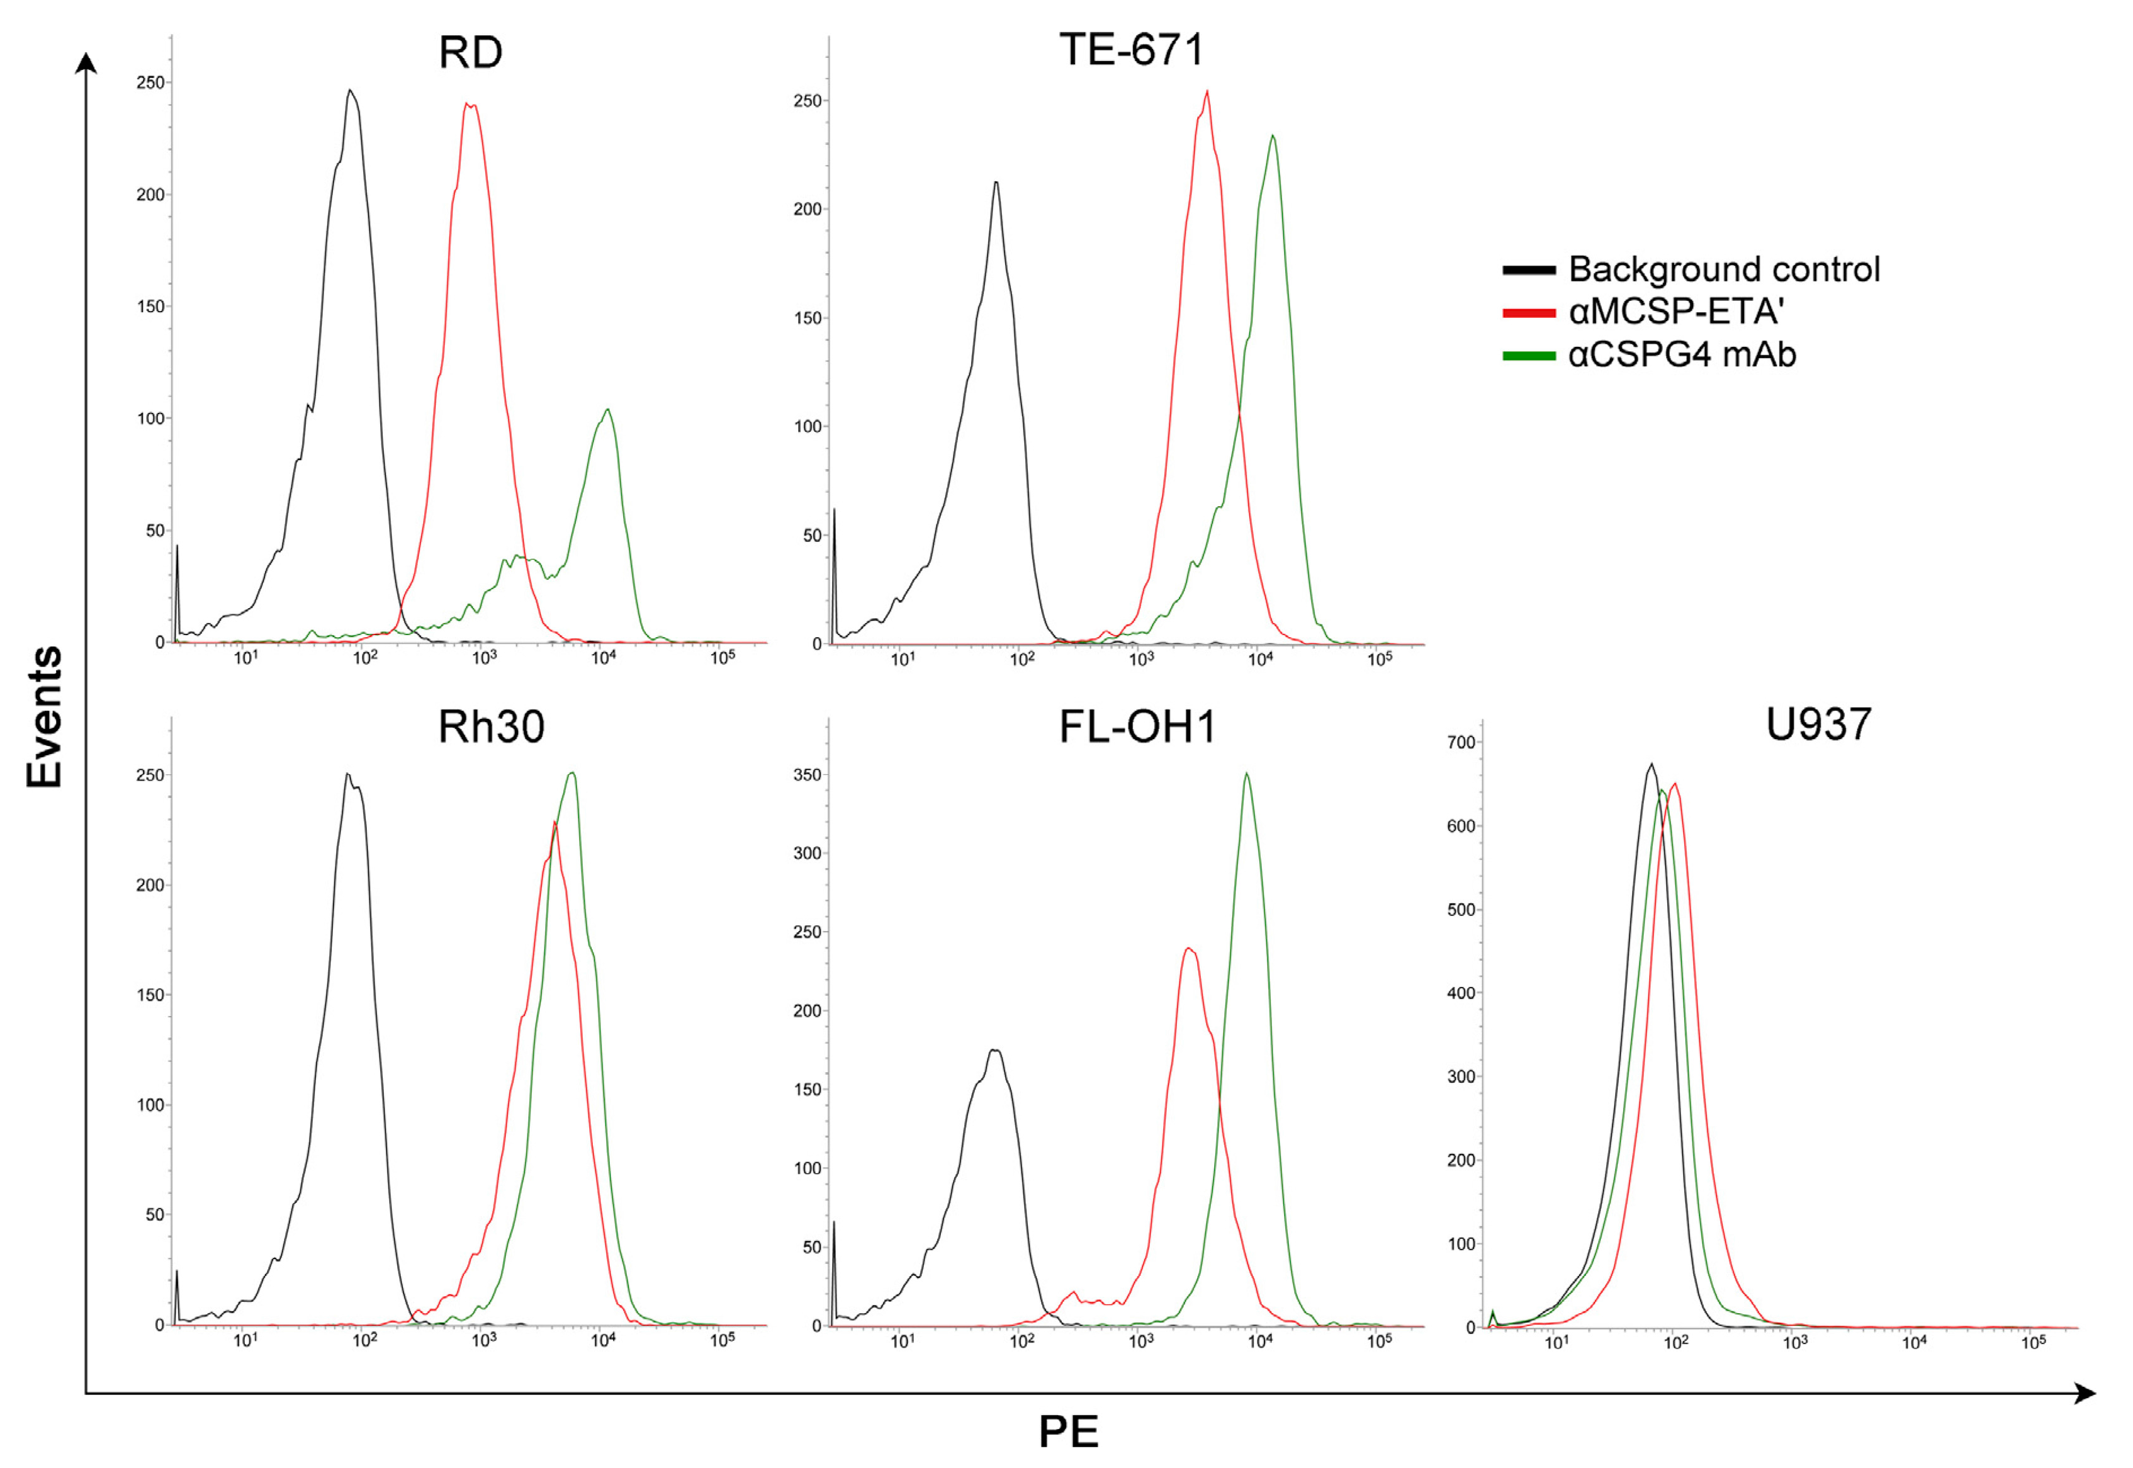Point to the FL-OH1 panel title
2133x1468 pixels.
pos(1137,726)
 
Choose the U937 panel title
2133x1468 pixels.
pos(1818,724)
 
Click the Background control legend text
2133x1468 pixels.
pos(1724,269)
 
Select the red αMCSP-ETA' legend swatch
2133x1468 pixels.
pos(1529,313)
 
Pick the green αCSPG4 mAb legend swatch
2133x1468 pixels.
pos(1529,356)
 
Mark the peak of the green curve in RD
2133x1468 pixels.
pos(607,410)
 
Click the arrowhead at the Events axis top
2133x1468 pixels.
pos(86,62)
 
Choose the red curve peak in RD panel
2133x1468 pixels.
pos(471,104)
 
